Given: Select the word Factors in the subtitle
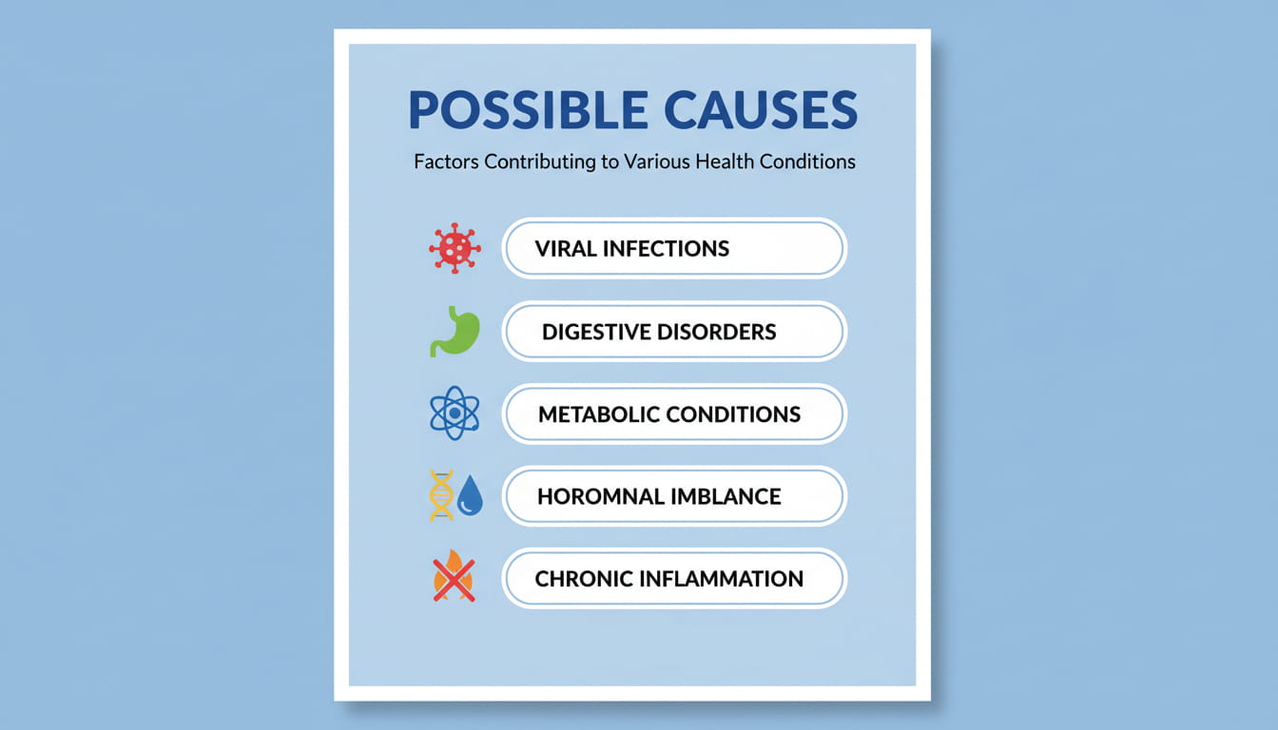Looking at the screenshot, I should click(446, 162).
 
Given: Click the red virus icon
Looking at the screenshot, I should click(455, 249).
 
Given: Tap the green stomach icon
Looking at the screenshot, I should click(455, 332).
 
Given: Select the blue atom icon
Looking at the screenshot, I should click(455, 413).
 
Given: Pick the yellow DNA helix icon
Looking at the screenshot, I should click(441, 496).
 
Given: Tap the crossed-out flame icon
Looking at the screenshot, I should click(454, 578).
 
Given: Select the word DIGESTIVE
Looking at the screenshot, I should click(595, 332).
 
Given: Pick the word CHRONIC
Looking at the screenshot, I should click(582, 578).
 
